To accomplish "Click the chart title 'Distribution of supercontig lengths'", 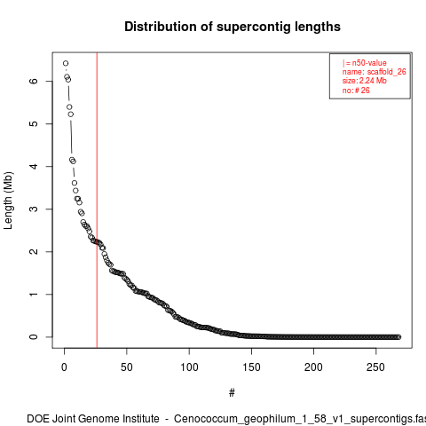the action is coord(233,27).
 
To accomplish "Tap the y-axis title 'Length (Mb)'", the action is coord(8,201).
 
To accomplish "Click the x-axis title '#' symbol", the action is coord(232,393).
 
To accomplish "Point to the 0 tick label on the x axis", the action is coord(64,367).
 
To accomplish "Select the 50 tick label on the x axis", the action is coord(127,367).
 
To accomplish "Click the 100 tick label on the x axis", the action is coord(189,367).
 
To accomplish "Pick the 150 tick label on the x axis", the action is coord(251,367).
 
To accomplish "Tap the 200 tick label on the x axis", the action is coord(313,367).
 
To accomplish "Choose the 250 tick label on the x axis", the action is coord(375,367).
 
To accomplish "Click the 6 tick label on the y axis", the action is coord(34,81).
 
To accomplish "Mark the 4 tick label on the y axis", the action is coord(34,166).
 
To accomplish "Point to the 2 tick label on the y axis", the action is coord(34,251).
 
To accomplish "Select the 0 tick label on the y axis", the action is coord(34,336).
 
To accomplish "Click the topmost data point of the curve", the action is coord(66,63).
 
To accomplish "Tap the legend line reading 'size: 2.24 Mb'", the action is coord(365,81).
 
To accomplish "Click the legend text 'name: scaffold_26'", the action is coord(375,72).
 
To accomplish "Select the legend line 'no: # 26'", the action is coord(356,91).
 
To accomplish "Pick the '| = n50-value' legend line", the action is coord(365,63).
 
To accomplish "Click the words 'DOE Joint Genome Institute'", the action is coord(93,419).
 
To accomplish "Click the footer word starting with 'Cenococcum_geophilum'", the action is coord(300,419).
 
